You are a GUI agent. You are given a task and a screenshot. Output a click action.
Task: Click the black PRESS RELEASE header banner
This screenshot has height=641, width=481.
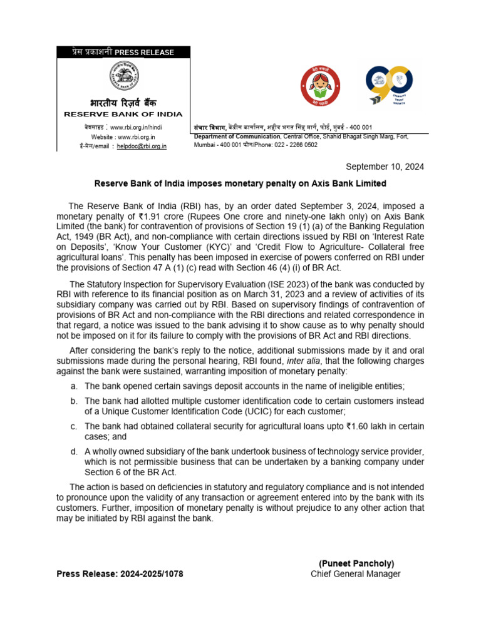click(123, 53)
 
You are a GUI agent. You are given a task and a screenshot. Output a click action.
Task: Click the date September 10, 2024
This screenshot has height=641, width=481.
click(385, 167)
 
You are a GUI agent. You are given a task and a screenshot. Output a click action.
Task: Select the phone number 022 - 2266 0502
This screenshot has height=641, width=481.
click(296, 145)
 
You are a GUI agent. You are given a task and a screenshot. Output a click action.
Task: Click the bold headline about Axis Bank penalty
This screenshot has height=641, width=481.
click(240, 183)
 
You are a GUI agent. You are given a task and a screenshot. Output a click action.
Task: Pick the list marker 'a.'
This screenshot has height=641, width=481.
click(74, 386)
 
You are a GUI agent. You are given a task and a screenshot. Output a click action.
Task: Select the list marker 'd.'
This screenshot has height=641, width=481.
click(74, 452)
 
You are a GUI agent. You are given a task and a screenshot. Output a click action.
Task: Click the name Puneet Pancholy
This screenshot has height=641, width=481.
click(356, 563)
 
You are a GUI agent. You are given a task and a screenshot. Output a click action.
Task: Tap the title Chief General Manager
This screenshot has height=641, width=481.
click(356, 573)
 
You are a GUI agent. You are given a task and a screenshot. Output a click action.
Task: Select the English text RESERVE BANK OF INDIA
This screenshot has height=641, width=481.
click(123, 114)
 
